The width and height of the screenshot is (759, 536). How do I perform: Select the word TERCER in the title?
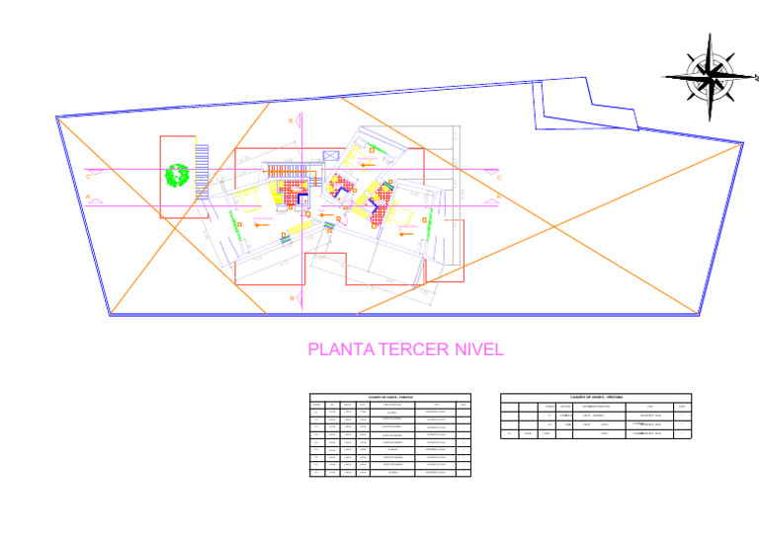404,349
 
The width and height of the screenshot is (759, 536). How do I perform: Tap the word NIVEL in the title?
475,349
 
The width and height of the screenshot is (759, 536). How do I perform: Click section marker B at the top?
291,120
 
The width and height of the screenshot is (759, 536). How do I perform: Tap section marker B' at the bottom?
292,297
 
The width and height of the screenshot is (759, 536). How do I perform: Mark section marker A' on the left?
89,198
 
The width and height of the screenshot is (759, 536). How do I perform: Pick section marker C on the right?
498,177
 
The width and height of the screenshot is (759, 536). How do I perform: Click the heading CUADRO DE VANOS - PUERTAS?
390,397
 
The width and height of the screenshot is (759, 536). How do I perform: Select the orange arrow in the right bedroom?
405,232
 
